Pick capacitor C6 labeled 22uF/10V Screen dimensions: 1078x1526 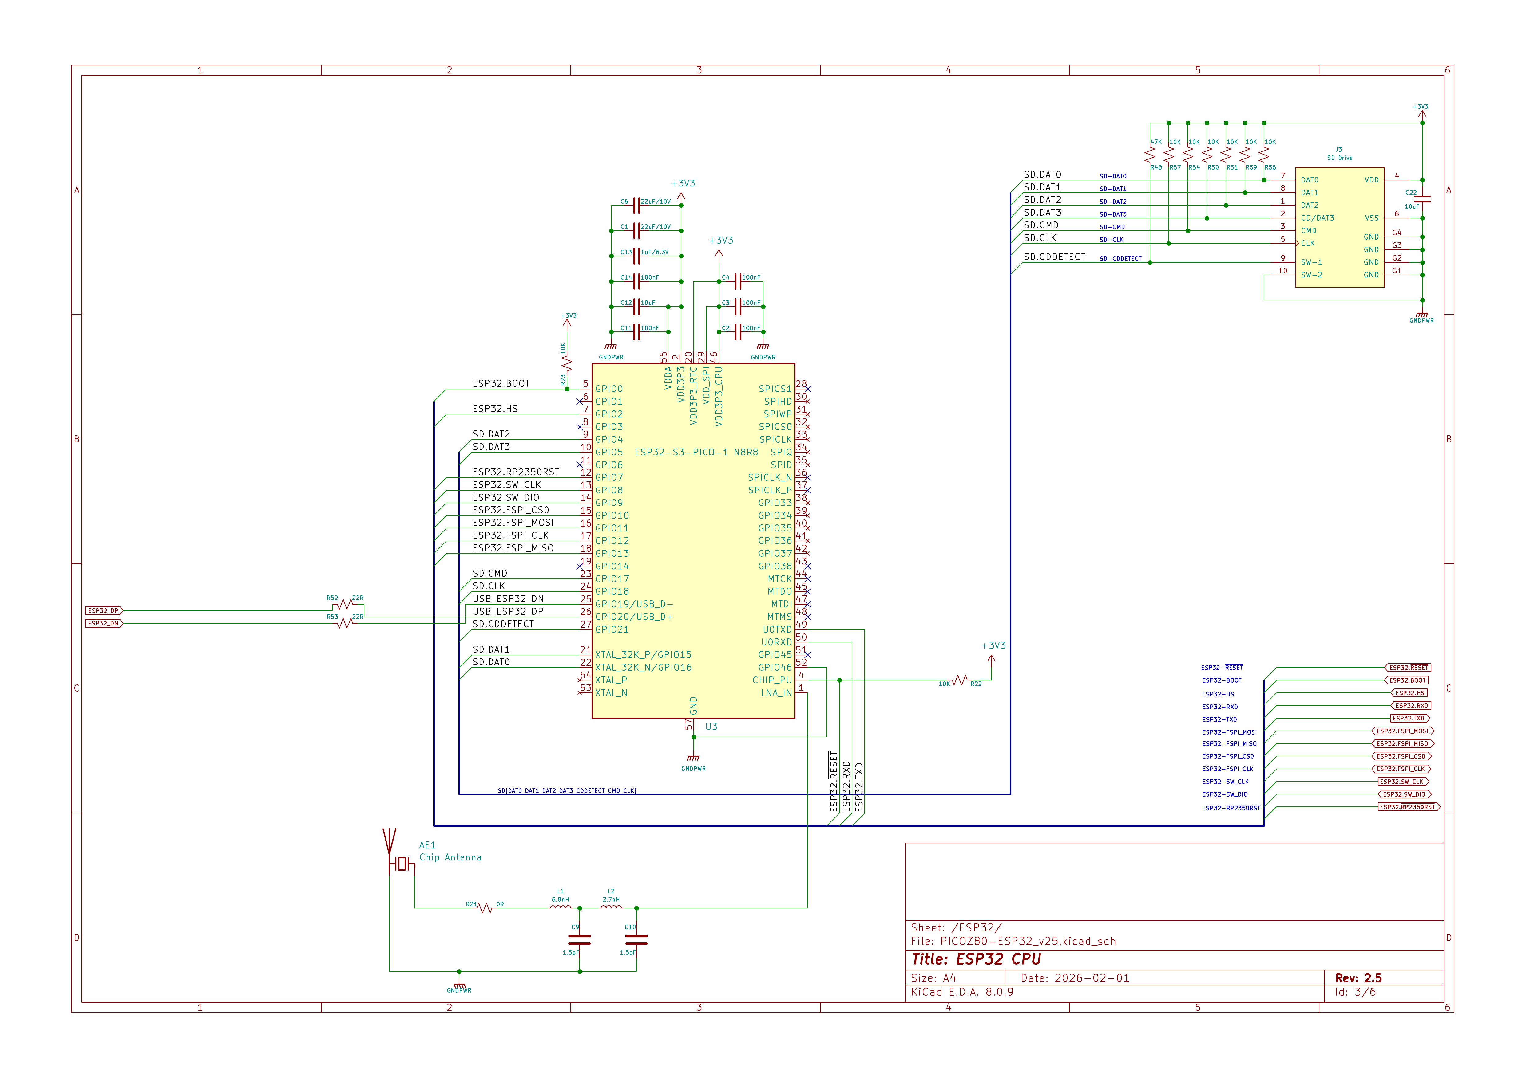636,205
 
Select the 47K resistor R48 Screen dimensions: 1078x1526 1150,155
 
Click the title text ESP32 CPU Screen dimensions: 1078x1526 976,959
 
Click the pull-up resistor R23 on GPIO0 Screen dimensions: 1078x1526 567,364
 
